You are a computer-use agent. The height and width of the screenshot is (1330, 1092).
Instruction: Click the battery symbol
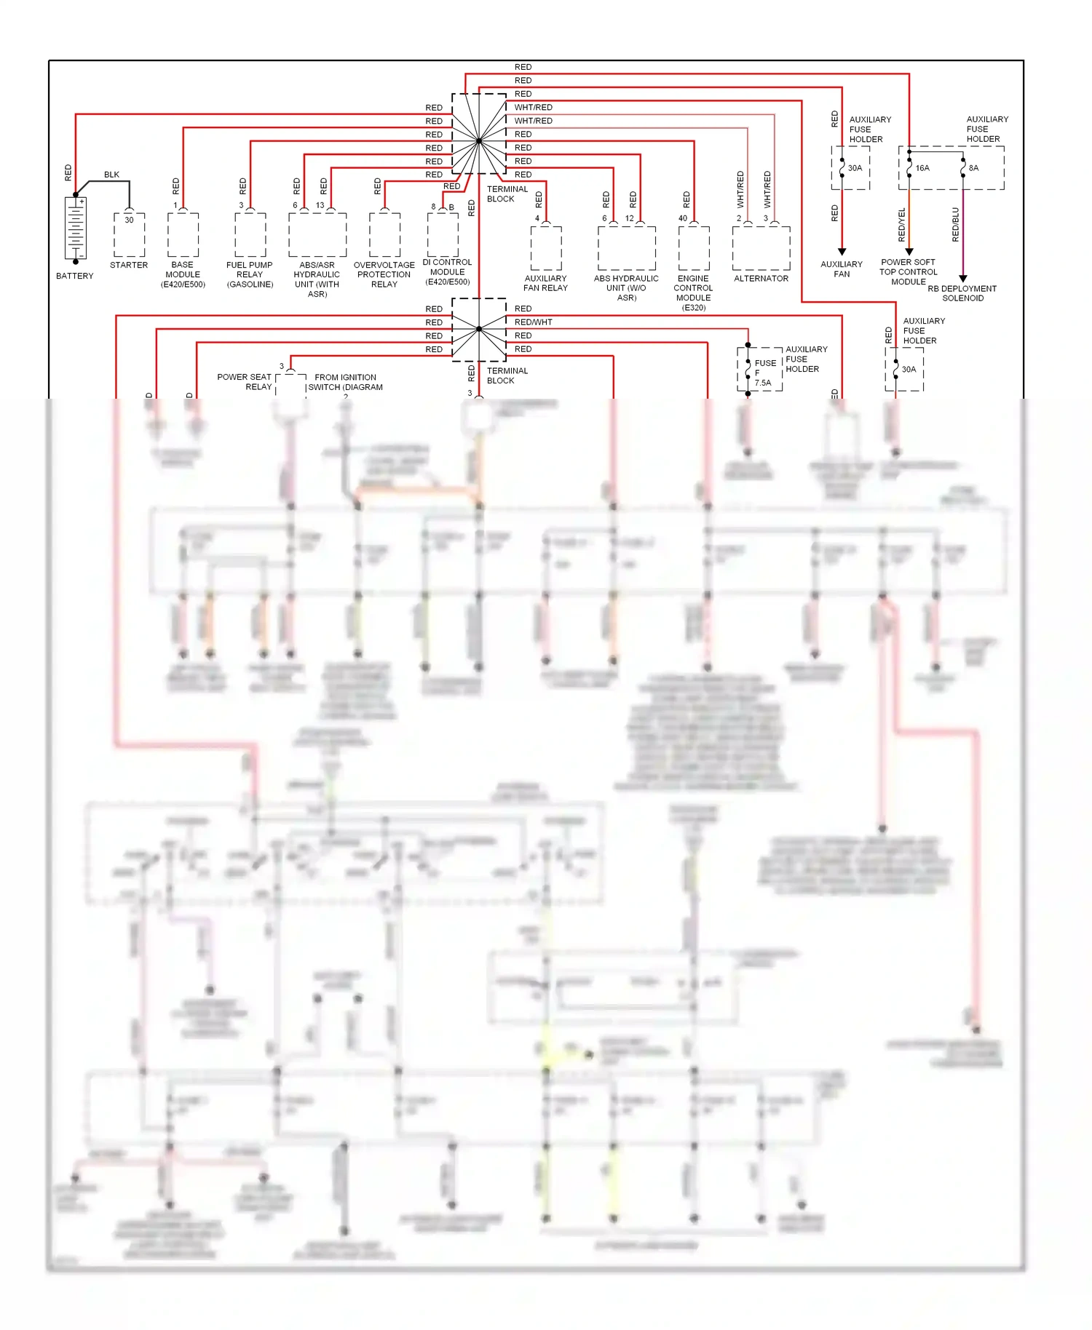(76, 228)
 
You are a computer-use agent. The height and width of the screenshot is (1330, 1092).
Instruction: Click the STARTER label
(129, 265)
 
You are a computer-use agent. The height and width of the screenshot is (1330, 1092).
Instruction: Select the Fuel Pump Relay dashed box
(250, 234)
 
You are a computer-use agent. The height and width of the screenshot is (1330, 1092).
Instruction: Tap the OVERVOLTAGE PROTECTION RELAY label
(384, 274)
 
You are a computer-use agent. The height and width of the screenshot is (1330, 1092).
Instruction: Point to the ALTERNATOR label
(761, 279)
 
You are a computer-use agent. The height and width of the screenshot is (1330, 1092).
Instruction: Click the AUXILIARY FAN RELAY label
(545, 283)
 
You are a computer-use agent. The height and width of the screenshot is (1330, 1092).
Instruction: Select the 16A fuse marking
(922, 168)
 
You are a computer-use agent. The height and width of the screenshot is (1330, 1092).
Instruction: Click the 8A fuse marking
(973, 168)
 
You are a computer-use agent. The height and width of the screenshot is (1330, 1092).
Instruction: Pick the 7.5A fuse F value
(762, 383)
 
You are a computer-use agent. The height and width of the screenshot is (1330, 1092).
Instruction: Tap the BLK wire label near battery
(111, 175)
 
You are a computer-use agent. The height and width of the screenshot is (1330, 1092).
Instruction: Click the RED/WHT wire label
(533, 322)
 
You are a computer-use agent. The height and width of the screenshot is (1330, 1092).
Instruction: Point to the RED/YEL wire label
(902, 224)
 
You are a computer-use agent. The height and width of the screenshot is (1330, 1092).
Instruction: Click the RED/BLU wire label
(956, 224)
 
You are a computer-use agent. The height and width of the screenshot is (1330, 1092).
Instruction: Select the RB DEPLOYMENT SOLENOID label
(962, 293)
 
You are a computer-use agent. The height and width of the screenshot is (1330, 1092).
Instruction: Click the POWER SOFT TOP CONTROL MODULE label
(908, 272)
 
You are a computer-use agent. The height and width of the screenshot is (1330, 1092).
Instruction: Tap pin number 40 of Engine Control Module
(683, 218)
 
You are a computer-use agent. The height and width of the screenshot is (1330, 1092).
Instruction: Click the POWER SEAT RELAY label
(245, 382)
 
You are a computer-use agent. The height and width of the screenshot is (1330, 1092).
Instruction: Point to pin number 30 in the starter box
(129, 220)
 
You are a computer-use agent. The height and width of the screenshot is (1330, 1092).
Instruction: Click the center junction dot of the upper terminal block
(479, 140)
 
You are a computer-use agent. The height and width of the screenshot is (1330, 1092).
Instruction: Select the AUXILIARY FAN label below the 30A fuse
(842, 269)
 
